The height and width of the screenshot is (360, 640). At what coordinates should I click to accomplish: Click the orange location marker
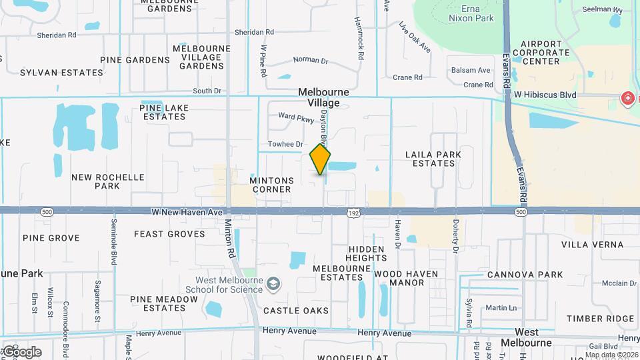point(321,159)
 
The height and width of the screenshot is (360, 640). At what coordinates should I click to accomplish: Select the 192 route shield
point(353,212)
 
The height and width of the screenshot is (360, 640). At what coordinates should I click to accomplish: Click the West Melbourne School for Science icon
point(273,285)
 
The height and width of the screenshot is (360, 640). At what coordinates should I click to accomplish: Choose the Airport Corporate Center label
point(541,52)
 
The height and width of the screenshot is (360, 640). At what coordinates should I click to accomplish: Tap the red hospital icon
point(627,99)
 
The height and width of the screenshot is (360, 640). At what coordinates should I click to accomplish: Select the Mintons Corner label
point(271,185)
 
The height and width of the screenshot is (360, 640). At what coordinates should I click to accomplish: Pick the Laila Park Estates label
point(433,159)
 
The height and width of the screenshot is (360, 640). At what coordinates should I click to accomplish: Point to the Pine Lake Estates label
point(164,112)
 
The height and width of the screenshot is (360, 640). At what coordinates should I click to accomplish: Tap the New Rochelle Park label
point(108,181)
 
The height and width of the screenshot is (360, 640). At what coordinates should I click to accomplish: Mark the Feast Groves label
point(169,234)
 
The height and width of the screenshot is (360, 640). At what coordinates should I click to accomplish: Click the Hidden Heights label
point(367,253)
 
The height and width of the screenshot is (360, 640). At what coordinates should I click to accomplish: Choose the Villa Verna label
point(592,245)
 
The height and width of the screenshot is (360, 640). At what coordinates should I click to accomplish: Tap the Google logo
point(22,352)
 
